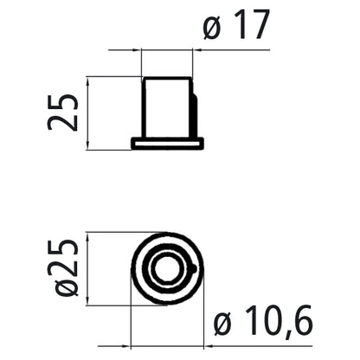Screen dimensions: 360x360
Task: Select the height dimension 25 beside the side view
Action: pyautogui.click(x=63, y=112)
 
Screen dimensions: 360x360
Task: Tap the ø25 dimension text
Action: pyautogui.click(x=65, y=268)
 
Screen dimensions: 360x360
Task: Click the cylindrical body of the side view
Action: pyautogui.click(x=167, y=107)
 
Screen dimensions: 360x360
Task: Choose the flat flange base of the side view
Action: pyautogui.click(x=167, y=141)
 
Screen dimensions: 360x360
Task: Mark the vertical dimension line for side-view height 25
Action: pyautogui.click(x=88, y=112)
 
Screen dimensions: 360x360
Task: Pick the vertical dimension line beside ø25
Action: pyautogui.click(x=89, y=268)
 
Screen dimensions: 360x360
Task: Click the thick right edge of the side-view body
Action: pyautogui.click(x=194, y=108)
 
